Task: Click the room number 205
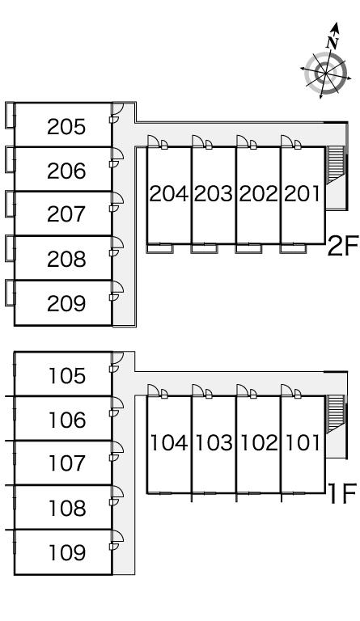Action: tap(66, 127)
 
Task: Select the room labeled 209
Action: tap(66, 304)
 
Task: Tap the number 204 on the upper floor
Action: tap(169, 194)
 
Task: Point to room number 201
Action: tap(302, 194)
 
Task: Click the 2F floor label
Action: tap(343, 246)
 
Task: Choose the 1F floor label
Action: tap(343, 494)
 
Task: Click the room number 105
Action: tap(66, 375)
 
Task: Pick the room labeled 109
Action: tap(66, 552)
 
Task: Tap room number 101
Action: tap(303, 443)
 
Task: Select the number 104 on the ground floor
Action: tap(169, 443)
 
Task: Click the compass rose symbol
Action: tap(325, 74)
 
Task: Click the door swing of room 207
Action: tap(117, 199)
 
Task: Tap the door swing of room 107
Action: tap(117, 448)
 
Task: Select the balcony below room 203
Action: tap(204, 249)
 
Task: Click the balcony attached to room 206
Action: tap(10, 159)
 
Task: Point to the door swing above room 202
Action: tap(242, 142)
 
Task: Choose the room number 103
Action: tap(214, 443)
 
